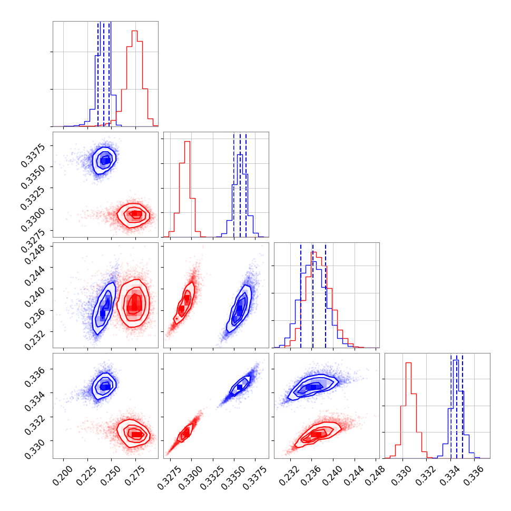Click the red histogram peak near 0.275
pos(135,32)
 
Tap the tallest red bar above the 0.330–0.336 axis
pos(408,363)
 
